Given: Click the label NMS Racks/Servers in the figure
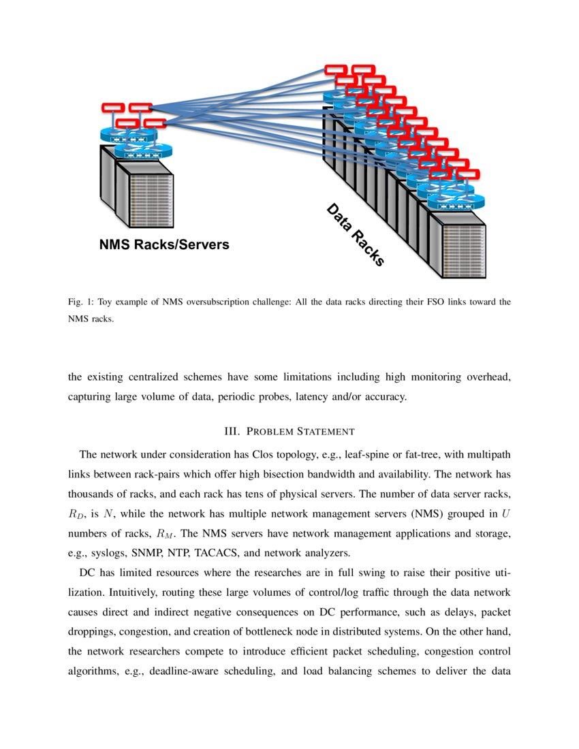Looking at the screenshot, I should pos(164,244).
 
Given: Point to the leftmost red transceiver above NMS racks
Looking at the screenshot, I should pos(112,108).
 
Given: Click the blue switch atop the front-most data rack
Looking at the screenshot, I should pos(456,202).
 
